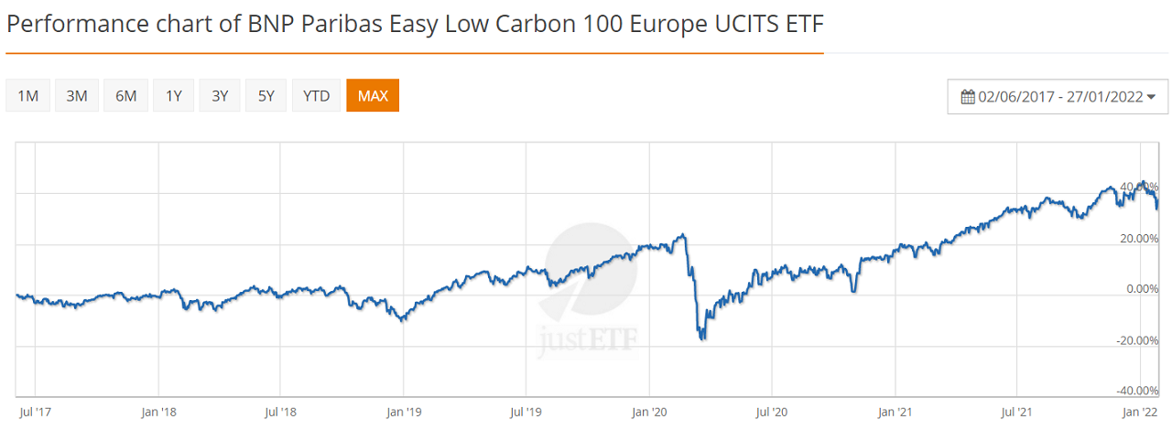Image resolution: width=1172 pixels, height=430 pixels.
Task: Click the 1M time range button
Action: [x=27, y=96]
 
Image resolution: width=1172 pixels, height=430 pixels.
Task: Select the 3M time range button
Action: [x=77, y=96]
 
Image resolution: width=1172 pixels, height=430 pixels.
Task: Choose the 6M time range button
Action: [x=125, y=96]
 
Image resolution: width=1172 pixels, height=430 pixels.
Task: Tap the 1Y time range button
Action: [x=174, y=96]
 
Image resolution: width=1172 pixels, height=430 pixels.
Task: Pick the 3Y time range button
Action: [x=220, y=96]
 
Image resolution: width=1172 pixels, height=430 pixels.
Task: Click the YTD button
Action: [x=316, y=96]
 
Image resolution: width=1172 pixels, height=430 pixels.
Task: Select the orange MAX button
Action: [x=373, y=96]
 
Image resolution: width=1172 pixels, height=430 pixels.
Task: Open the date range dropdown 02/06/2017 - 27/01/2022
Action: [x=1058, y=97]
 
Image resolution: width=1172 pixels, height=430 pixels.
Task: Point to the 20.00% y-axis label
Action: [x=1138, y=239]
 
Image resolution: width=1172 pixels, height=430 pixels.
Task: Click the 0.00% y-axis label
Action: [x=1141, y=289]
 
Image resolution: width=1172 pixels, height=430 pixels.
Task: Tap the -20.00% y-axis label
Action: [x=1138, y=340]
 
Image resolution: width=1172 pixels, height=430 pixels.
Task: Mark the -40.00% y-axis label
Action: [x=1138, y=392]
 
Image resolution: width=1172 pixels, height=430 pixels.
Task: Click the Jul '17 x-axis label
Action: [x=36, y=412]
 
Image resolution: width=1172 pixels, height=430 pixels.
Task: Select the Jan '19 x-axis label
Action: [x=403, y=412]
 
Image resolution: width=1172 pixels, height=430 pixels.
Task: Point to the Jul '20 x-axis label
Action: [x=772, y=412]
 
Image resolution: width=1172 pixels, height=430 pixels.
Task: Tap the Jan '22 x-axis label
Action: [x=1140, y=412]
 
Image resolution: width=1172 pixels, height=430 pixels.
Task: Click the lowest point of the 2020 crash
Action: [x=702, y=339]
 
